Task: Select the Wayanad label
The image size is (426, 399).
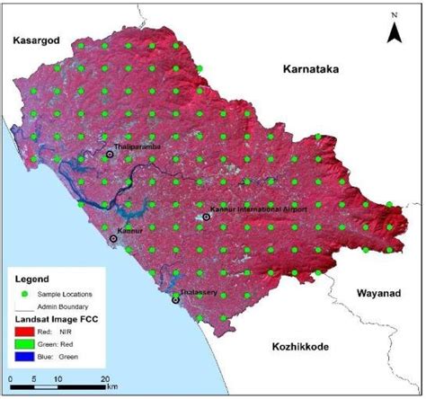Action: (x=377, y=292)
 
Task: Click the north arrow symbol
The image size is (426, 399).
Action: (x=393, y=34)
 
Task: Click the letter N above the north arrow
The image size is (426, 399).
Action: (x=393, y=16)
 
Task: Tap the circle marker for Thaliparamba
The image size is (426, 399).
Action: (x=111, y=155)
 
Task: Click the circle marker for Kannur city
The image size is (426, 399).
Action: (x=113, y=239)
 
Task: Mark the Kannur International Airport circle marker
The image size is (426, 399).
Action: (x=207, y=217)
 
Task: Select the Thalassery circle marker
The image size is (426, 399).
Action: (x=175, y=300)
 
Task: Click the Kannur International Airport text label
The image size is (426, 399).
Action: (x=258, y=208)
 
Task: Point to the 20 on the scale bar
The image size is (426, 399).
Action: (x=105, y=377)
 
